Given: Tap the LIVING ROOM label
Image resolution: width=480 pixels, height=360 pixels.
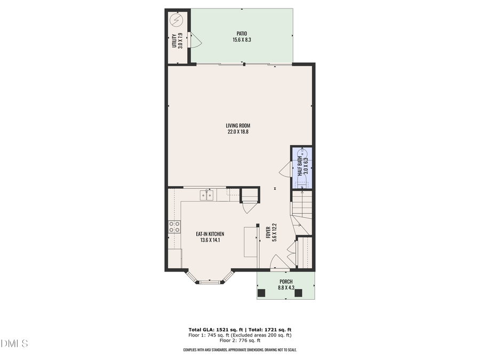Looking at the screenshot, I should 237,126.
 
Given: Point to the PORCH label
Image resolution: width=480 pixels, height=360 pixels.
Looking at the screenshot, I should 286,281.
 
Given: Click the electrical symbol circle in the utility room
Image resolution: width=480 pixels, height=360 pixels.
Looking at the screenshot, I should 176,20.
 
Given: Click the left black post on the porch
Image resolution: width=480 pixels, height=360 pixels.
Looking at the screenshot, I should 261,292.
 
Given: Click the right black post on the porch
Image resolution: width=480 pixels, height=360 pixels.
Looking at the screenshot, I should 298,292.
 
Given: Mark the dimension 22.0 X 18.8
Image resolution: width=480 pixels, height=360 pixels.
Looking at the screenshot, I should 237,132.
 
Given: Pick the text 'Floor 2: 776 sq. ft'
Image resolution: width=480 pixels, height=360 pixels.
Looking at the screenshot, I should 239,340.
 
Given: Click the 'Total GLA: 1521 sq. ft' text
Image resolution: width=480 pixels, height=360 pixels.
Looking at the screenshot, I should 212,329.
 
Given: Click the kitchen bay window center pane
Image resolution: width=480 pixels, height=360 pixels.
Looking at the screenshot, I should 210,282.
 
